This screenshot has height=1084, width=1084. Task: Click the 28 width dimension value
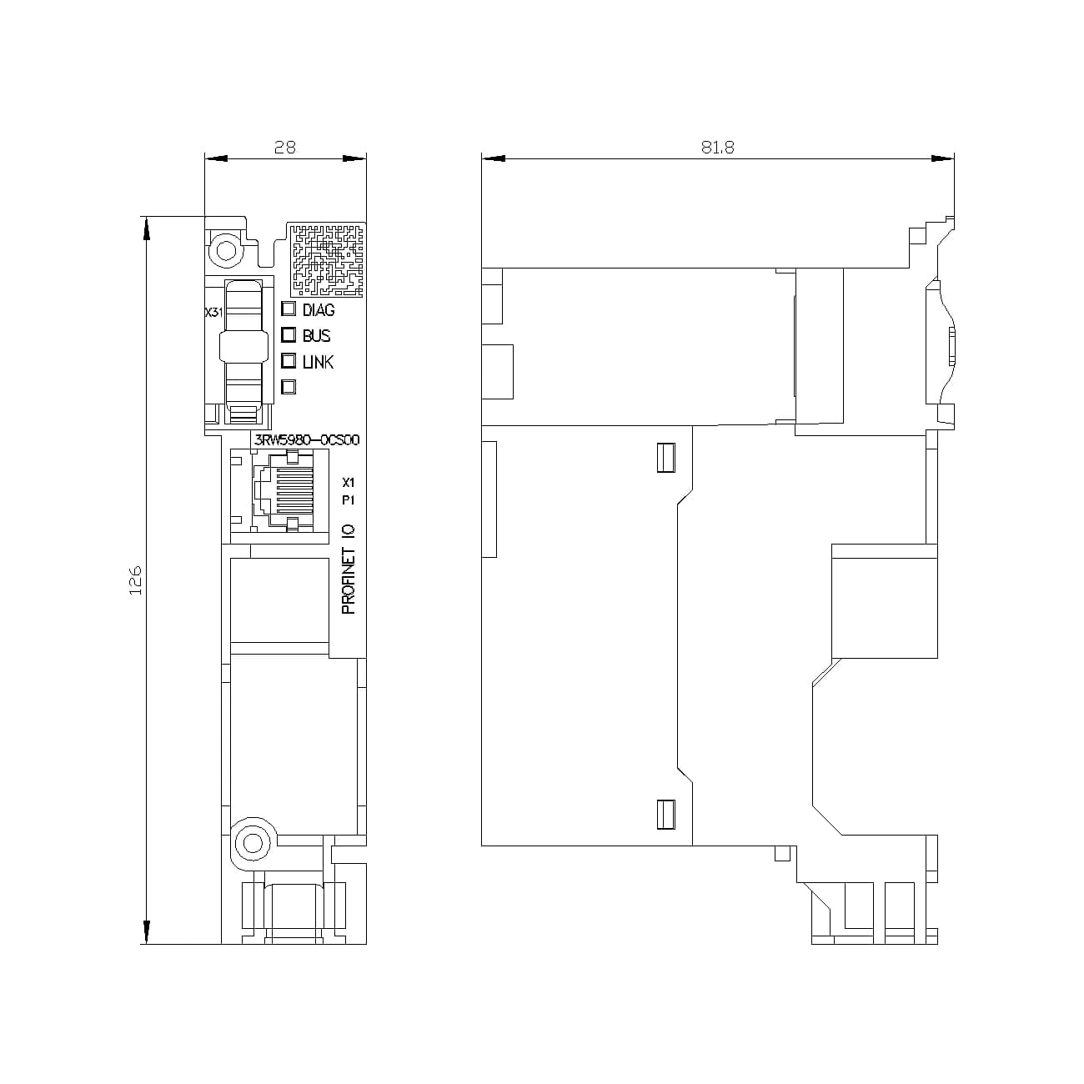(285, 147)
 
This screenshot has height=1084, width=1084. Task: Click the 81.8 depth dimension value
(717, 147)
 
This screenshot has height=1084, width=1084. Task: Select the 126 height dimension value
(136, 580)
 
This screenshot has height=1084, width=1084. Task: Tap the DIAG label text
(318, 310)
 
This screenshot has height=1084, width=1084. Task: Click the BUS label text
(316, 336)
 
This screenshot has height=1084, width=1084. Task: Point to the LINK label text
(318, 362)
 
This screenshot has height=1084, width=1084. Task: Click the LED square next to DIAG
(289, 309)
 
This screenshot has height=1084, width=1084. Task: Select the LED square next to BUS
(289, 335)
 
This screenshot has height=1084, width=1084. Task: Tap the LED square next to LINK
(289, 361)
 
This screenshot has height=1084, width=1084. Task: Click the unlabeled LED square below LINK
(289, 386)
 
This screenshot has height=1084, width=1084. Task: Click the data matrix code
(328, 259)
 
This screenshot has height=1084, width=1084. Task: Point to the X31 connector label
(213, 313)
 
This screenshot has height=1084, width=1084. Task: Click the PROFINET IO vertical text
(349, 570)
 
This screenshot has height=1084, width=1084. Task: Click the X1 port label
(349, 483)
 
